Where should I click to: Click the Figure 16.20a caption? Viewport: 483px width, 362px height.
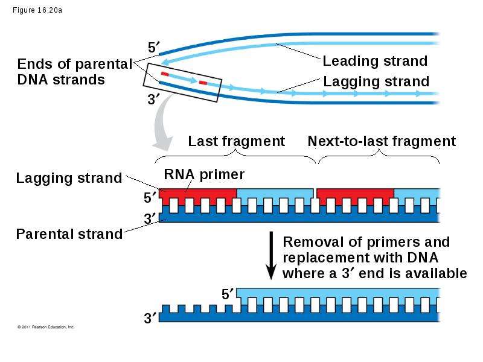point(37,10)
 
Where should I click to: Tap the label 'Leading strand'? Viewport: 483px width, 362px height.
point(375,61)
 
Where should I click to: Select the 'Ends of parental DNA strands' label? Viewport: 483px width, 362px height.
point(75,72)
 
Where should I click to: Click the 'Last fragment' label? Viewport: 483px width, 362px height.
point(236,141)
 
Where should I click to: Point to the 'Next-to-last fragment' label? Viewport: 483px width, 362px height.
point(382,141)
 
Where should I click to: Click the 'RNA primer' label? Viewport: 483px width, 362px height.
point(204,174)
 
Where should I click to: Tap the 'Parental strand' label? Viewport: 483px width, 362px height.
point(69,234)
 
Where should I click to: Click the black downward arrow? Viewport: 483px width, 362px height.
point(271,255)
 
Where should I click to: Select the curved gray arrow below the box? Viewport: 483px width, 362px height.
point(162,123)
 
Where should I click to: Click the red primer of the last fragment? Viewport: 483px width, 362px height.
point(198,197)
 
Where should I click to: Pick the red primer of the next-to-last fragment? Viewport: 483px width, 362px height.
point(356,197)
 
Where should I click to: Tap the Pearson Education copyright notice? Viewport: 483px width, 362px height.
point(46,327)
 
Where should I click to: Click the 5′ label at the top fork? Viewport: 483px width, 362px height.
point(154,48)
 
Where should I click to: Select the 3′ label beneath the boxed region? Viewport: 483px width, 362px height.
point(153,99)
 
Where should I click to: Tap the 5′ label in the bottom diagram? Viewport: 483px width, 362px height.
point(228,294)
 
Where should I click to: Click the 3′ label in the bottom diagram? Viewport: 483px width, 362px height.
point(150,318)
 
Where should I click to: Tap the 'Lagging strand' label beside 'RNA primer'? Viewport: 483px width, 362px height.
point(69,178)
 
